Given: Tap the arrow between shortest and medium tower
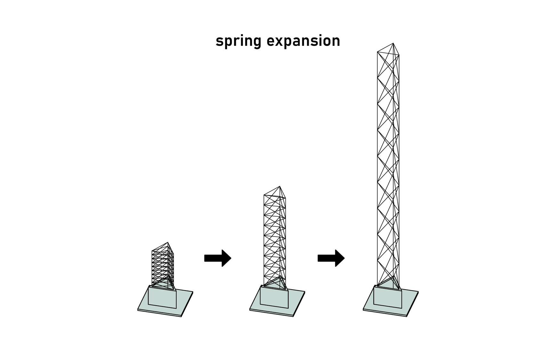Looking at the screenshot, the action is point(218,258).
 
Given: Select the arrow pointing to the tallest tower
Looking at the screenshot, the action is point(331,258).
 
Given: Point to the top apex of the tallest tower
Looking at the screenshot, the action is point(393,43).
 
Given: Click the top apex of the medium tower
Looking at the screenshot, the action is point(280,187).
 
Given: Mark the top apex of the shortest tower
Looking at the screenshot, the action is point(168,243).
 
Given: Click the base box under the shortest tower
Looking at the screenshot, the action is point(162,298).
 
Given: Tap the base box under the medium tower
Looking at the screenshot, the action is point(274,298).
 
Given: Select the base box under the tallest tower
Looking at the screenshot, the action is point(388,298).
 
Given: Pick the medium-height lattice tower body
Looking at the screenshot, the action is point(274,237).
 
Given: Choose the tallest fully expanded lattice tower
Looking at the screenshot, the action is point(388,166).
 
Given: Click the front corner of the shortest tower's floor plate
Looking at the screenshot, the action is point(181,316).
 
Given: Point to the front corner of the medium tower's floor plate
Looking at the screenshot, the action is point(293,316).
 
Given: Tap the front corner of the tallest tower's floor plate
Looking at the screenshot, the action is point(407,316).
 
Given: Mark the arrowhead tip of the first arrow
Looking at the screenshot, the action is point(231,258).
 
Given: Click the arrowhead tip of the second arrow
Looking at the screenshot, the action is point(344,258).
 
